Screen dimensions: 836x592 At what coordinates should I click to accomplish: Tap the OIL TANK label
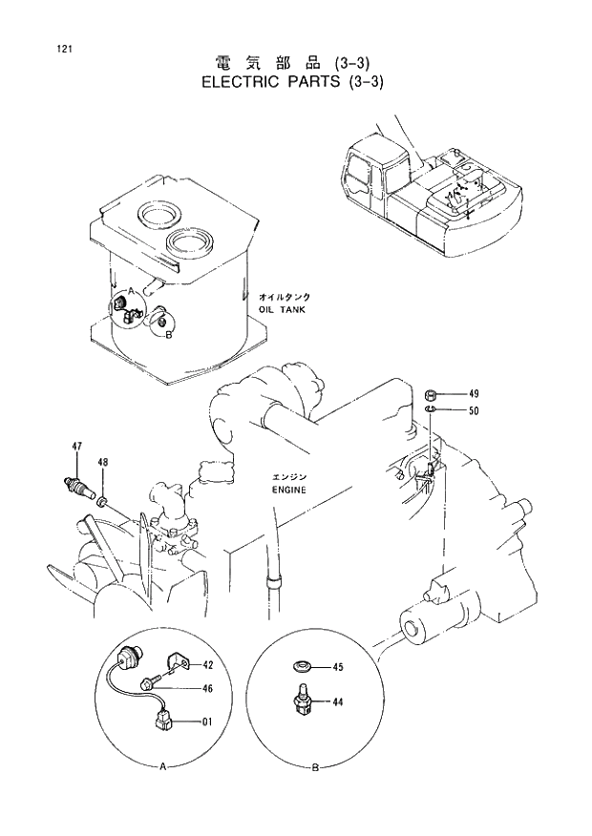[282, 310]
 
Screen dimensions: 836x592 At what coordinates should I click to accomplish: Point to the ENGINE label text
[287, 490]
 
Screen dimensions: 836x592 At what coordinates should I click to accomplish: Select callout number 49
[474, 394]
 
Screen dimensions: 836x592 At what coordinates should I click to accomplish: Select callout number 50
[474, 411]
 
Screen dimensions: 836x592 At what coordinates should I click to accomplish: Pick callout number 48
[103, 463]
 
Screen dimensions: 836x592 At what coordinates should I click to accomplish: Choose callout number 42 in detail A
[206, 664]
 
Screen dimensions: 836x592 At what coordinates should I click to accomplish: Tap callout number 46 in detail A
[206, 688]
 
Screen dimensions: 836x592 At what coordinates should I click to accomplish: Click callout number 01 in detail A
[206, 721]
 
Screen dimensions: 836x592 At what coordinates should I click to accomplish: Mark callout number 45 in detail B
[336, 668]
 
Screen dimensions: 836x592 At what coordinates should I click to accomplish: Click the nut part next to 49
[431, 394]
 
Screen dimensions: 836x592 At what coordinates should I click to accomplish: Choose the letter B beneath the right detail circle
[314, 766]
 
